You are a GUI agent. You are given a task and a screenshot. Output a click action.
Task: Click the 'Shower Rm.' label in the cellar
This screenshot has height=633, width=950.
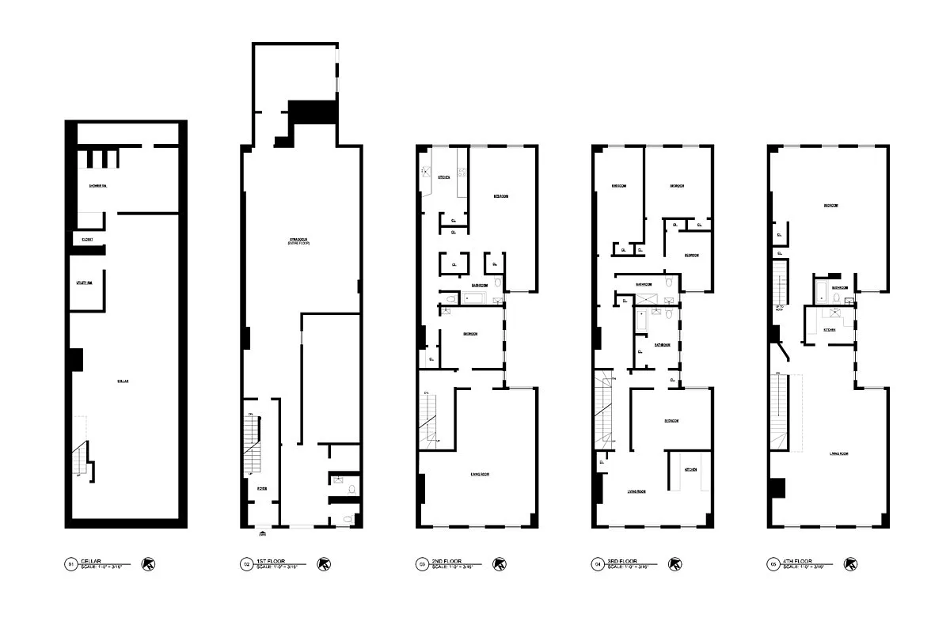tap(98, 186)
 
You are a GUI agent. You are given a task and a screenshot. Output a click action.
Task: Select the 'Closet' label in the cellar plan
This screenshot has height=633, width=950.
tap(86, 238)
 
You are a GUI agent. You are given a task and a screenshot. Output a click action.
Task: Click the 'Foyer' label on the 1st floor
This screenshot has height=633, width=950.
tap(261, 488)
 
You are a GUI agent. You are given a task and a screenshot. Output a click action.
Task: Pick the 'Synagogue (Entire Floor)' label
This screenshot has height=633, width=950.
tap(298, 241)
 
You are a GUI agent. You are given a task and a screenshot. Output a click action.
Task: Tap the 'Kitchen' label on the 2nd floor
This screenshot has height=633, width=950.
tap(444, 177)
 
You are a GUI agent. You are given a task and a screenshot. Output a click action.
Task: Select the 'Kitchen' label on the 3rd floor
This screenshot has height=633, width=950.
tap(690, 470)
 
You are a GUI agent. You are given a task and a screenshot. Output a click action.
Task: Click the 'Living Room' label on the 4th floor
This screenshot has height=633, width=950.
tap(839, 453)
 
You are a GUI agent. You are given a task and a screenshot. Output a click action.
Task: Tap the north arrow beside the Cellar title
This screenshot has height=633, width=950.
tap(147, 564)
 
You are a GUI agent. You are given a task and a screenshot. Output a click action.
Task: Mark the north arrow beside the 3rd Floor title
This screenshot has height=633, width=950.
tap(675, 564)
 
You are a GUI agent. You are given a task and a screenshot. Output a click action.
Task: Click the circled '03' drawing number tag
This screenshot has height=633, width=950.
tap(422, 564)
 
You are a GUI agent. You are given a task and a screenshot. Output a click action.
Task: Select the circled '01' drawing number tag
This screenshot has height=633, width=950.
tap(70, 564)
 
